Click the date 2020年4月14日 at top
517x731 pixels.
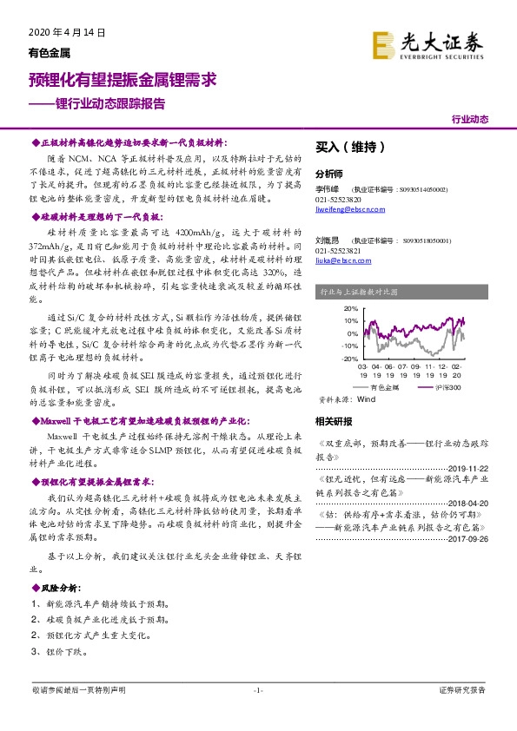point(59,32)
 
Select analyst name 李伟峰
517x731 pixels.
point(327,188)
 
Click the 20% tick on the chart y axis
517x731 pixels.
point(327,308)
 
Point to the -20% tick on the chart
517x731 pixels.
point(326,358)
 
